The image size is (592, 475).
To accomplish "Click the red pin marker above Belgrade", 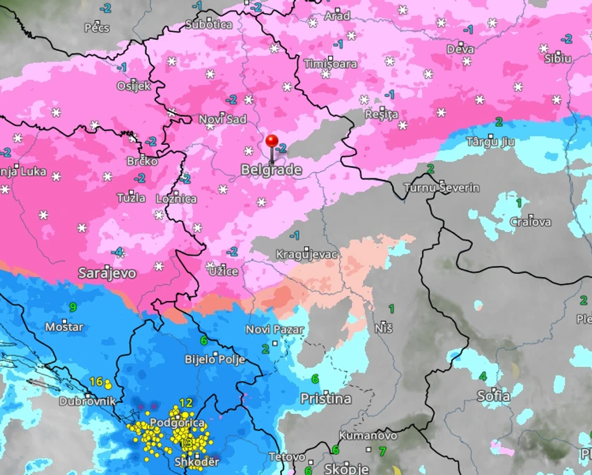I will pos(272,142).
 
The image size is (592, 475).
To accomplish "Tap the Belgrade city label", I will pos(271,170).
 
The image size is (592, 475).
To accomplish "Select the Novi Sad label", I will pos(223,120).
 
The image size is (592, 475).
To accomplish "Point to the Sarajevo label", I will pos(107,272).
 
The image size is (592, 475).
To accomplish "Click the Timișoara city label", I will pos(330,63).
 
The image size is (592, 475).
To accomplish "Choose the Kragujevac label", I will pos(306,254).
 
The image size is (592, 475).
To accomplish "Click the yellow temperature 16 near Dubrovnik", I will pos(96,381).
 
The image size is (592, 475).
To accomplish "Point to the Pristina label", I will pos(325,399).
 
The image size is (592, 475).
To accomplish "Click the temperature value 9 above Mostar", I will pos(72,307).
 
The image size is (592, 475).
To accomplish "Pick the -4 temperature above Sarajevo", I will pos(118,252).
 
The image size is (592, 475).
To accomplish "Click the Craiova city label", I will pos(530,221).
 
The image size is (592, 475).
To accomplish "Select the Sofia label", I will pos(492,396).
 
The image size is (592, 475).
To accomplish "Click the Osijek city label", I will pos(134,86).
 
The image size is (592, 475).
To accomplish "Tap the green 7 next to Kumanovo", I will pos(382,451).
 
